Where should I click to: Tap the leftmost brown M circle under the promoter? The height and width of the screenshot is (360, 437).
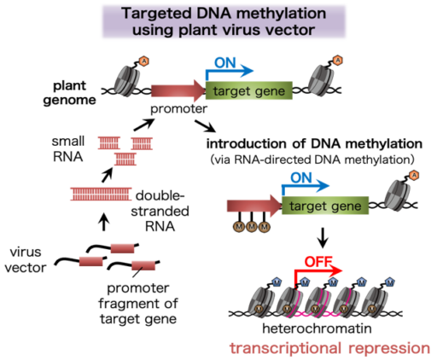pyautogui.click(x=240, y=227)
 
